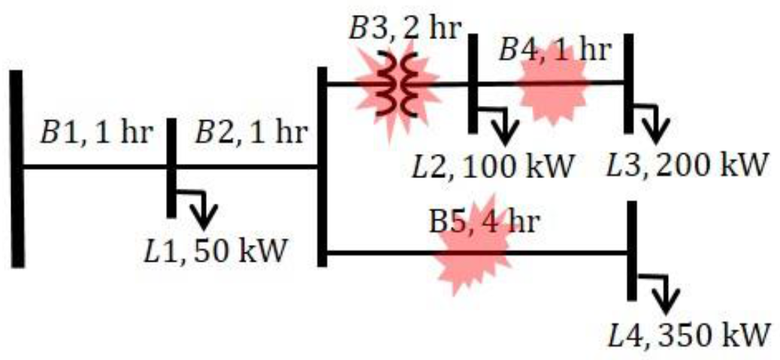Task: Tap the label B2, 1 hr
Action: pyautogui.click(x=251, y=134)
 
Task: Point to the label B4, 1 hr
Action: pyautogui.click(x=555, y=50)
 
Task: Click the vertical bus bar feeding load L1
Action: pyautogui.click(x=171, y=167)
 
